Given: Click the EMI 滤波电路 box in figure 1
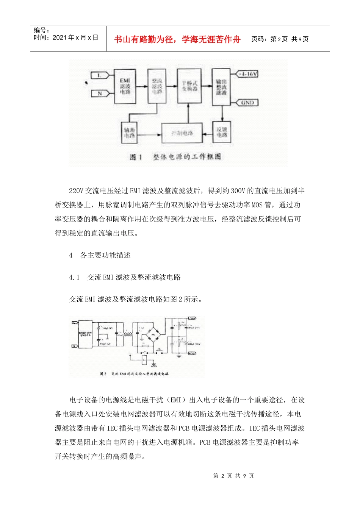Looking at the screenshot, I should tap(125, 86).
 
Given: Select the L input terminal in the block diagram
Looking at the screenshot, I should tap(99, 75).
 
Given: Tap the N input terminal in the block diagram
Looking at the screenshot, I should tap(100, 93).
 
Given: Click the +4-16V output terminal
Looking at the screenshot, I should tap(247, 74).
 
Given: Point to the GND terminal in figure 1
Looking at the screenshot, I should tap(247, 103).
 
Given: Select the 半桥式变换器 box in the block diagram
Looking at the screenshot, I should tap(189, 86).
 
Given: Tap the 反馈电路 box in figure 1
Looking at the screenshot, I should tap(222, 132).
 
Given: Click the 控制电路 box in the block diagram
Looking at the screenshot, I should tap(182, 133).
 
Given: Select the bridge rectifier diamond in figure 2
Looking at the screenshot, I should tap(153, 335).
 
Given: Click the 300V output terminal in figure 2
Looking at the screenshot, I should tap(192, 318).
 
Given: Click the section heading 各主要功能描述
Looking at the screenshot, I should tap(105, 255).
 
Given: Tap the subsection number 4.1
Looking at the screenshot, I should tap(74, 277).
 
